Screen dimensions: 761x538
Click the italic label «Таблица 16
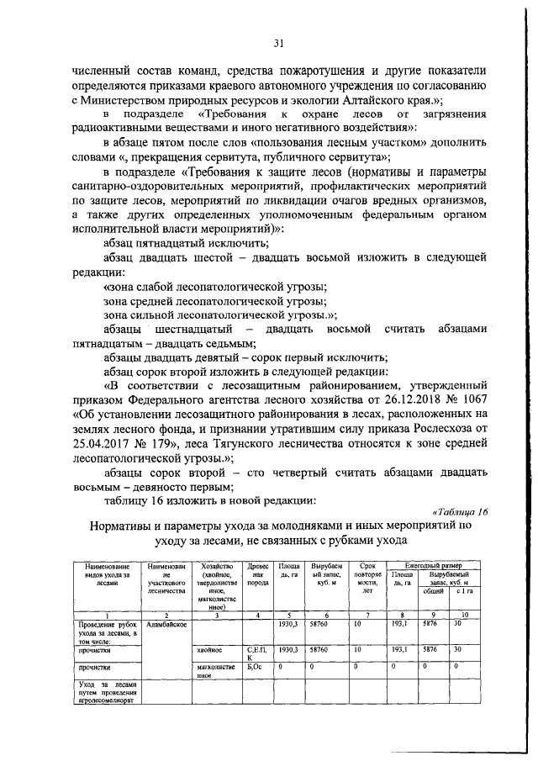click(x=459, y=511)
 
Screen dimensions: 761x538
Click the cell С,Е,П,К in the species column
click(x=256, y=653)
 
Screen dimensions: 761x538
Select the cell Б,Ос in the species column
click(x=255, y=667)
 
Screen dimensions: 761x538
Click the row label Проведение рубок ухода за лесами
click(x=108, y=633)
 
